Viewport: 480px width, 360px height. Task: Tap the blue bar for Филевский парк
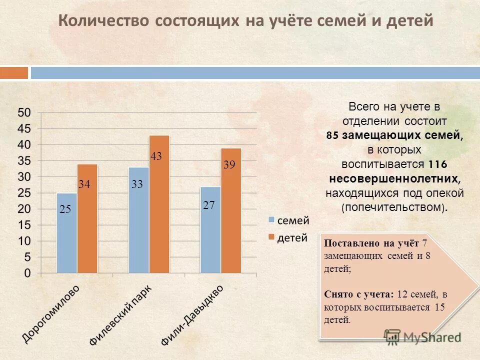138,220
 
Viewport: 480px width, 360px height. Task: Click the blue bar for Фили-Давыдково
210,230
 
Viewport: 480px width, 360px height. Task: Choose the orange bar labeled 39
231,210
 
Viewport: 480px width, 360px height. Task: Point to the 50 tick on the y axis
24,112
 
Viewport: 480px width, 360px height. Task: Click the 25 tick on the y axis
24,192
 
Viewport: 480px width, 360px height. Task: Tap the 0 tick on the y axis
27,273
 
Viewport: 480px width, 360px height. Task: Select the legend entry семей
292,220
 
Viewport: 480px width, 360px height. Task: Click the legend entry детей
292,238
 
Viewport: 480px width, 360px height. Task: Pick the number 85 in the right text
332,135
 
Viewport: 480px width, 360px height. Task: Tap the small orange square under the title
14,73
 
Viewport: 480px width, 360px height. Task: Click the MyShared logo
422,336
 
